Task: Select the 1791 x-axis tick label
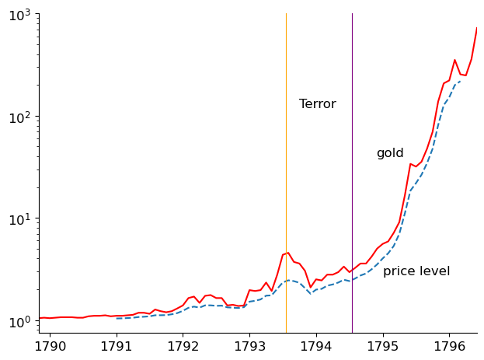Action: pos(117,344)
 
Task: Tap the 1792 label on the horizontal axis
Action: pos(183,344)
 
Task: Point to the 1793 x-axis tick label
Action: pos(249,344)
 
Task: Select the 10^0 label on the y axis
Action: pos(19,320)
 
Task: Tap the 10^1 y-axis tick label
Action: pos(19,218)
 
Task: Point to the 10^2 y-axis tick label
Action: pos(19,117)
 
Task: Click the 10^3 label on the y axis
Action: pos(19,15)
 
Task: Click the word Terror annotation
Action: pos(317,104)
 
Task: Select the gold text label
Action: pos(390,153)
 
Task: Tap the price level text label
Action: pos(416,271)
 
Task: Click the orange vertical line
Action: pos(286,156)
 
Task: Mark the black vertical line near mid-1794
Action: pos(352,156)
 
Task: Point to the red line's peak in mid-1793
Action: pos(288,252)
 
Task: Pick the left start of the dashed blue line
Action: pos(117,318)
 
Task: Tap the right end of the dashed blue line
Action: pos(461,81)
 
